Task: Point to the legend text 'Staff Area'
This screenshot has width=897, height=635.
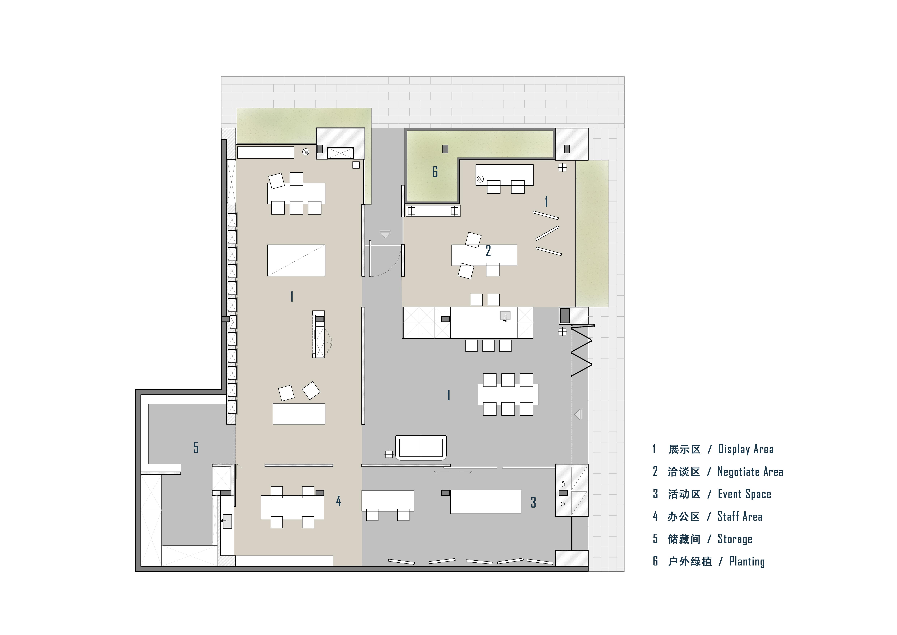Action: click(740, 516)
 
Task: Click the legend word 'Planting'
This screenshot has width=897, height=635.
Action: click(747, 562)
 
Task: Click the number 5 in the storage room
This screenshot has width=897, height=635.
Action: click(196, 447)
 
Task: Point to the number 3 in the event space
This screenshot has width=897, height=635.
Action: click(533, 502)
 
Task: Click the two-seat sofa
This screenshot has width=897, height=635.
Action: click(421, 447)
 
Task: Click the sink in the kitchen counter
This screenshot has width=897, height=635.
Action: click(505, 316)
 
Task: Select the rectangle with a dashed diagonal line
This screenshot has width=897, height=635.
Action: click(296, 260)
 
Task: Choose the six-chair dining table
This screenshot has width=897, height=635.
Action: click(508, 394)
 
